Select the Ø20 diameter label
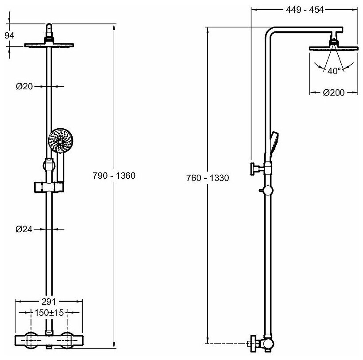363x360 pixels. point(25,87)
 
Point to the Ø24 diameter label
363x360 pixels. point(25,229)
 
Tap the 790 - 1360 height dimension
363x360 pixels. point(114,176)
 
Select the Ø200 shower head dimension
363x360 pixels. point(334,92)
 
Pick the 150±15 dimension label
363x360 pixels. point(49,313)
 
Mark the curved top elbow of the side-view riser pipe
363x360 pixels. point(270,35)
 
